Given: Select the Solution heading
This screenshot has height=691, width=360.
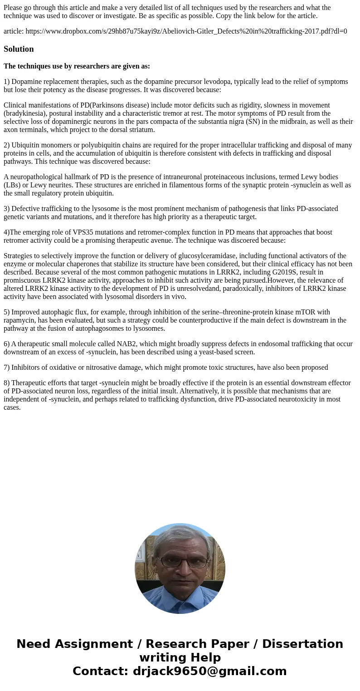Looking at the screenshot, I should click(19, 49).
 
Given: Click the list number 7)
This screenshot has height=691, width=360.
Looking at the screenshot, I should click(7, 368).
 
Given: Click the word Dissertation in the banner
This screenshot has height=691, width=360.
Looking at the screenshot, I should click(302, 644).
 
